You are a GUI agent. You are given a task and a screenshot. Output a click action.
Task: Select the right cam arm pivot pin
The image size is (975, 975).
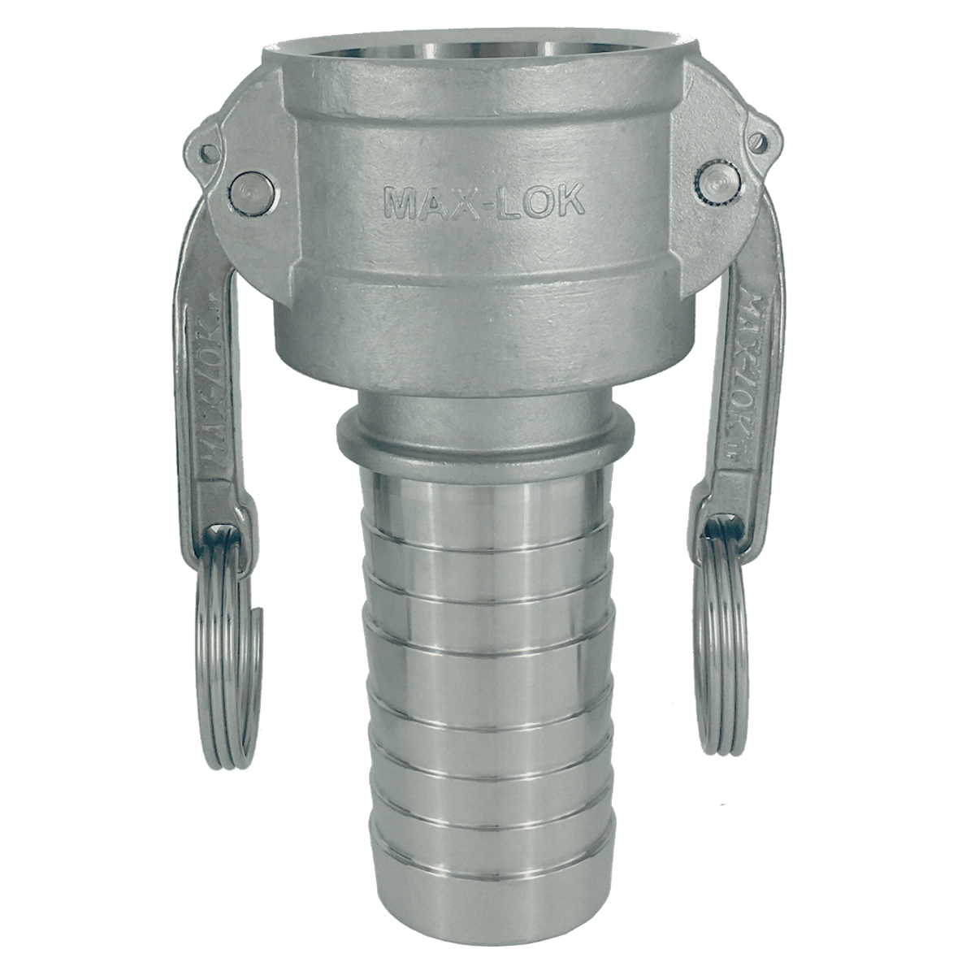coord(718,183)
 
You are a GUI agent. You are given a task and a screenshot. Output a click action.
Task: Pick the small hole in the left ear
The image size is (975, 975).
coord(209,153)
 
